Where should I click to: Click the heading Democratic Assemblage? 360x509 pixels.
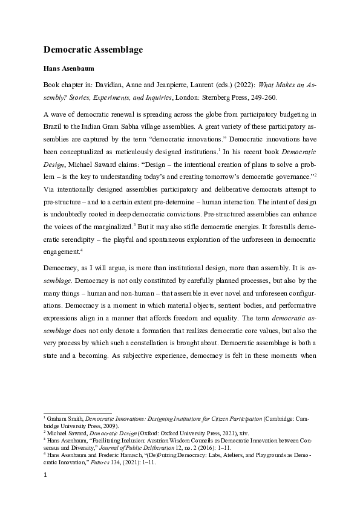coord(93,50)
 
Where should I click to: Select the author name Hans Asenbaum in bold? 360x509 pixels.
coord(70,68)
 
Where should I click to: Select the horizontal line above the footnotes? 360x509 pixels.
coord(70,412)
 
